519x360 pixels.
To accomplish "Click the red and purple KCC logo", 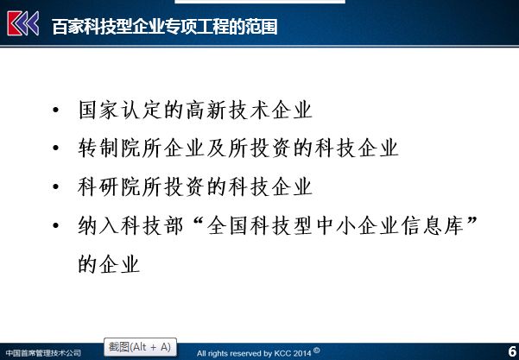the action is click(22, 23).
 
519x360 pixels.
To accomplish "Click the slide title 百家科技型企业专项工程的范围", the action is click(164, 27).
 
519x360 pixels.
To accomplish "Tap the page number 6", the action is click(512, 351).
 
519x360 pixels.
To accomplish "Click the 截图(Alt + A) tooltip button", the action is click(141, 347).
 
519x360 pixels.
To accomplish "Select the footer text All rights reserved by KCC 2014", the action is click(254, 353).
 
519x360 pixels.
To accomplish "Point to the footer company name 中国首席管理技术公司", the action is click(43, 353).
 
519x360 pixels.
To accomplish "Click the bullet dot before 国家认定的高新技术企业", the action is click(55, 109).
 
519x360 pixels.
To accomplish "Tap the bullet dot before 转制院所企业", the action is click(55, 148).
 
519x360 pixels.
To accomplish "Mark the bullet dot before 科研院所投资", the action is click(55, 186).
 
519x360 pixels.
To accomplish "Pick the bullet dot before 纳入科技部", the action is click(55, 225).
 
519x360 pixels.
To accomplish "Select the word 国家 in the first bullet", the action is click(98, 110).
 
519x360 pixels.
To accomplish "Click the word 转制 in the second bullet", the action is click(98, 148).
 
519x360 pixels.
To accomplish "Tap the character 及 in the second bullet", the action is click(217, 148).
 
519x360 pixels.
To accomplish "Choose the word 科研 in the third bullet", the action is click(98, 186).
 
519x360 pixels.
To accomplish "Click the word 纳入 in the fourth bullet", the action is click(98, 225).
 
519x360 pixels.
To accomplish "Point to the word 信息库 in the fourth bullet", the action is click(433, 225).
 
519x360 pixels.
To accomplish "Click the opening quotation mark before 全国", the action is click(197, 221).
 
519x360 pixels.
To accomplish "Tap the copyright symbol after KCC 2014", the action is click(316, 351).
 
